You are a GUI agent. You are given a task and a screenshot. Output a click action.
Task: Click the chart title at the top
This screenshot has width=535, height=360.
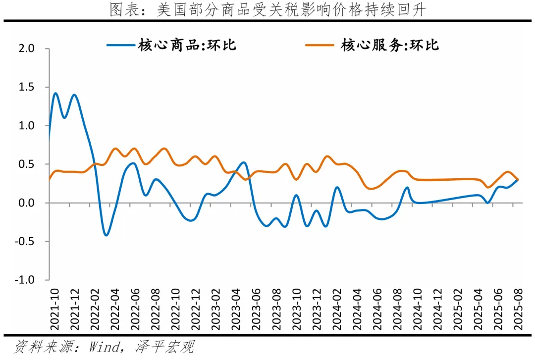pyautogui.click(x=267, y=10)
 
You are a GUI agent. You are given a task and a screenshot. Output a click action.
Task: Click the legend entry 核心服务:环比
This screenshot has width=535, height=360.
pyautogui.click(x=389, y=46)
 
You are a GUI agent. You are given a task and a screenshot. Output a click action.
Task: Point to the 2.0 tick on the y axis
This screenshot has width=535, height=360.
pyautogui.click(x=27, y=49)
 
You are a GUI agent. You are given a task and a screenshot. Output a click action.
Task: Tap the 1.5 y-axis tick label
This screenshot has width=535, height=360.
pyautogui.click(x=27, y=87)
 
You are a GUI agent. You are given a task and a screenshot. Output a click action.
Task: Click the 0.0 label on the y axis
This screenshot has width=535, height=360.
pyautogui.click(x=27, y=203)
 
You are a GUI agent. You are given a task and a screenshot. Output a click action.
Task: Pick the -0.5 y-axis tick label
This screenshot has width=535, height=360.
pyautogui.click(x=26, y=242)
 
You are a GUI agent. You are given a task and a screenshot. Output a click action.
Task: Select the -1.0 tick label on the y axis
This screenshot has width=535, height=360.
pyautogui.click(x=26, y=280)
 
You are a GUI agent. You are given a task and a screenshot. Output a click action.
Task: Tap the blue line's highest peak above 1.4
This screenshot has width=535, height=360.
pyautogui.click(x=55, y=93)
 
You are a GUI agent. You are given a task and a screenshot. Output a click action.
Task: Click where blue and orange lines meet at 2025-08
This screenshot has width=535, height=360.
pyautogui.click(x=518, y=179)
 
